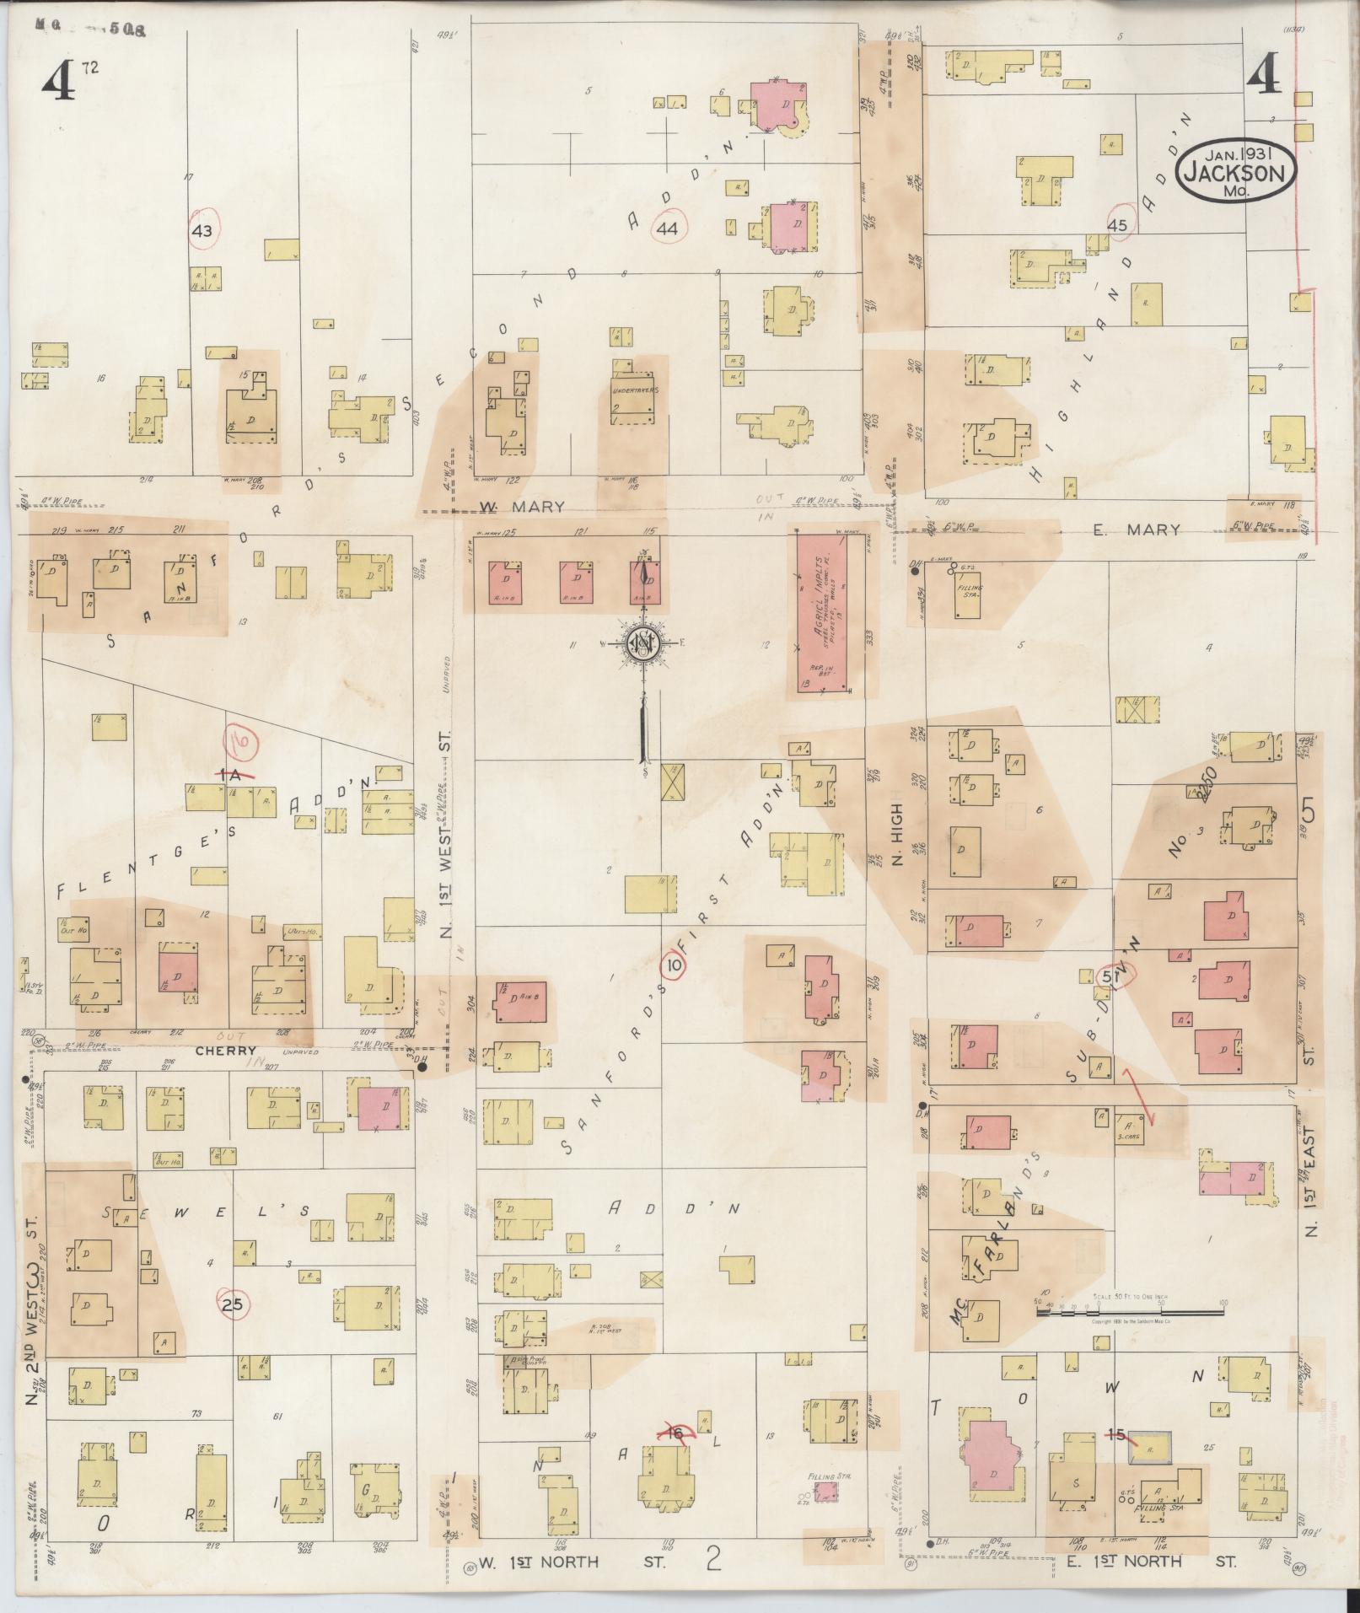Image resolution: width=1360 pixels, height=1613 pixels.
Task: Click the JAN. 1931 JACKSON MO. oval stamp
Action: point(1237,171)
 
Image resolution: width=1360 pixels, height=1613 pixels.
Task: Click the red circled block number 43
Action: point(202,231)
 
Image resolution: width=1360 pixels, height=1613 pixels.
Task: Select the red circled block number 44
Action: point(669,228)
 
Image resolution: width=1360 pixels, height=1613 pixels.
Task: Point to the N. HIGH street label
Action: point(897,835)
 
